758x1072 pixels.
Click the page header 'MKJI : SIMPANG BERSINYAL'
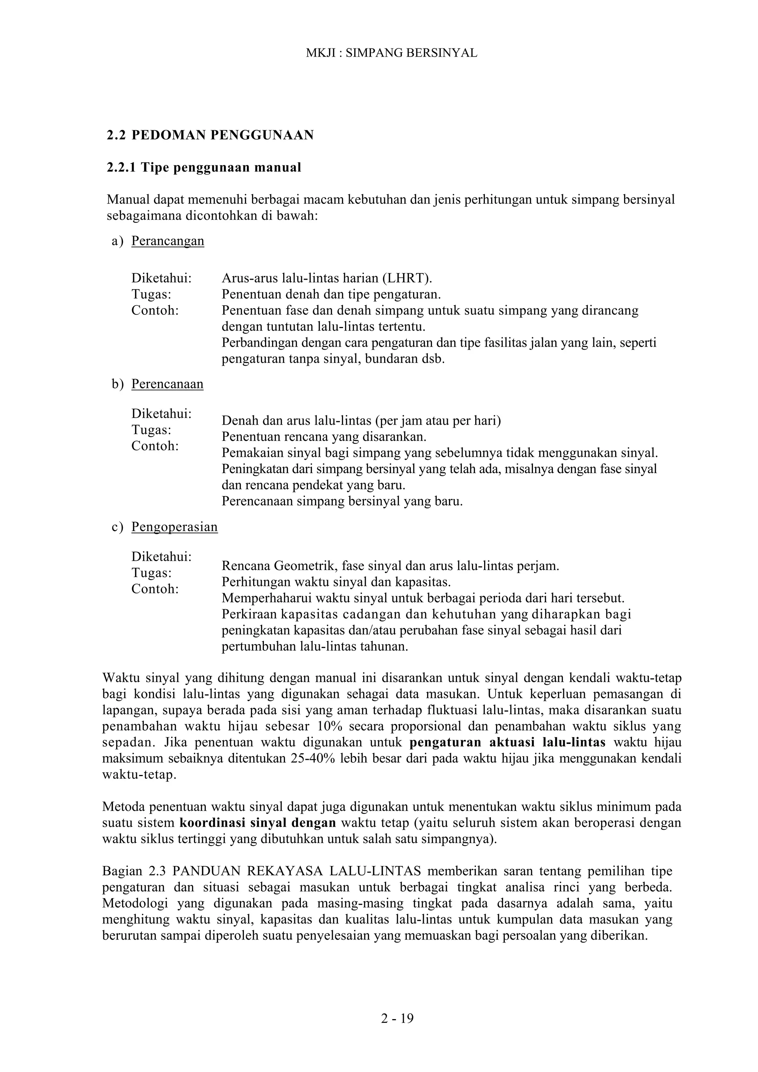(x=391, y=53)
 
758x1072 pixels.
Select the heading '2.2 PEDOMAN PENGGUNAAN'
(x=210, y=135)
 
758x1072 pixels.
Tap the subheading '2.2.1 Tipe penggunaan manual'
(x=204, y=167)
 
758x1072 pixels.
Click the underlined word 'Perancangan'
(x=168, y=241)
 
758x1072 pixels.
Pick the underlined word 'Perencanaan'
(x=167, y=384)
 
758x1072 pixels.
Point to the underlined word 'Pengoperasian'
(x=174, y=527)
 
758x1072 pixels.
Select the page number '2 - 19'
(x=397, y=1019)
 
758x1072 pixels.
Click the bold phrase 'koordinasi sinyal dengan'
(x=258, y=822)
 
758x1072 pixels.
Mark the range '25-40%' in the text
(x=311, y=758)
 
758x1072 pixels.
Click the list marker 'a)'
(x=118, y=241)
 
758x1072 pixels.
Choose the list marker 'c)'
(x=118, y=527)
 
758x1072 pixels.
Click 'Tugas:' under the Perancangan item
(x=151, y=294)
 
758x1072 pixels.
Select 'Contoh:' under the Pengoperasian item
(x=155, y=589)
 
